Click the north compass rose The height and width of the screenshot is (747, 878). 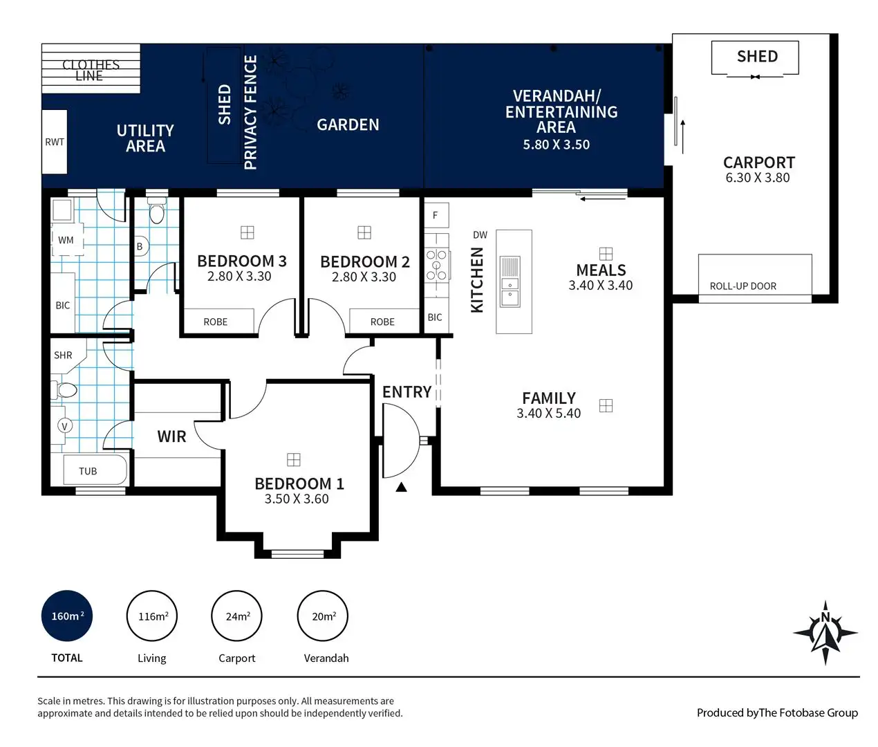pyautogui.click(x=825, y=633)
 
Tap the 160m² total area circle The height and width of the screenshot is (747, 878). pyautogui.click(x=66, y=616)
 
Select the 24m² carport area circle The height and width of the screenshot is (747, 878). pyautogui.click(x=237, y=616)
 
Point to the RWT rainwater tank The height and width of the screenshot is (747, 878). pyautogui.click(x=55, y=142)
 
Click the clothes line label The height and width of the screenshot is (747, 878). pyautogui.click(x=91, y=70)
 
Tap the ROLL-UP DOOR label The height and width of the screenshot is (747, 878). pyautogui.click(x=743, y=286)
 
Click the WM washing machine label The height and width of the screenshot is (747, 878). pyautogui.click(x=66, y=240)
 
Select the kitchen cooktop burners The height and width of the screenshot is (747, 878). pyautogui.click(x=437, y=266)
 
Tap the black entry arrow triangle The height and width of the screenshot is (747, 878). pyautogui.click(x=401, y=487)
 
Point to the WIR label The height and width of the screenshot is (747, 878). pyautogui.click(x=171, y=436)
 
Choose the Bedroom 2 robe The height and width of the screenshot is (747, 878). pyautogui.click(x=384, y=321)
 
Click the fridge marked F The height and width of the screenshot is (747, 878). pyautogui.click(x=436, y=215)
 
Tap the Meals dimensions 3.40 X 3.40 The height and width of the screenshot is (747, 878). pyautogui.click(x=601, y=285)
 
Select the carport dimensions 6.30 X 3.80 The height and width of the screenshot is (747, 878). pyautogui.click(x=758, y=178)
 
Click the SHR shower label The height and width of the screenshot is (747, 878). pyautogui.click(x=63, y=355)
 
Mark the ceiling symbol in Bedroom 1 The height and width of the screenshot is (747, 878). pyautogui.click(x=294, y=459)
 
